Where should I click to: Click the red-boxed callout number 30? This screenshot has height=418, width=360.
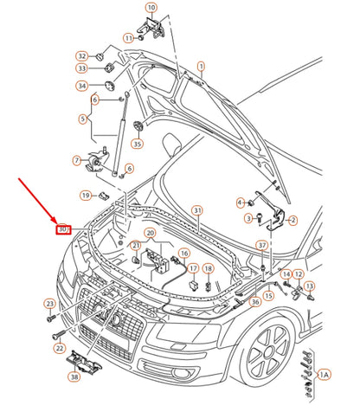[x=62, y=229]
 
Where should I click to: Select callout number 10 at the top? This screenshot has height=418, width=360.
[x=151, y=9]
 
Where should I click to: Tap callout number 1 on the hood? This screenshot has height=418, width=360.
[x=201, y=66]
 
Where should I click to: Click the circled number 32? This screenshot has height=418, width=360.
[x=81, y=55]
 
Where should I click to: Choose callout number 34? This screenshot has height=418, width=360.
[x=81, y=86]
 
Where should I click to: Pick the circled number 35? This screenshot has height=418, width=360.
[x=137, y=143]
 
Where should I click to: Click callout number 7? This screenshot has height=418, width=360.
[x=77, y=161]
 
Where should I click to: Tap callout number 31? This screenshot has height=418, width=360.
[x=197, y=210]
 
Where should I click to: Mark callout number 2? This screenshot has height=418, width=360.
[x=292, y=221]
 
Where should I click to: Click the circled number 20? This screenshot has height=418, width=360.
[x=150, y=234]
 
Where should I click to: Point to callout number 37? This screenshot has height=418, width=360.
[x=261, y=246]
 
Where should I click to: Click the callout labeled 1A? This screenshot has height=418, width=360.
[x=324, y=374]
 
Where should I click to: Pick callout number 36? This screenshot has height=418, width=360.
[x=255, y=302]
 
